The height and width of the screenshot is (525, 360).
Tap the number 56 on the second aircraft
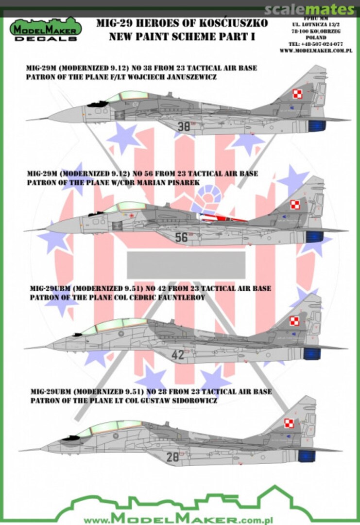[x=181, y=237]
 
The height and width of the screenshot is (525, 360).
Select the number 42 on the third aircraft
[x=178, y=355]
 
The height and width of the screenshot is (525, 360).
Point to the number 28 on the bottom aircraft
[x=172, y=456]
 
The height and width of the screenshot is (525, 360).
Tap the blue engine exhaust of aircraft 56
[x=311, y=238]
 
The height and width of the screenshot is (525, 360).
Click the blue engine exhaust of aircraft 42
[x=311, y=353]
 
